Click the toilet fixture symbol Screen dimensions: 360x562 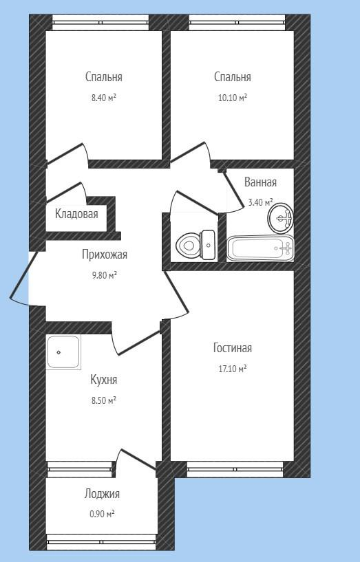pos(196,245)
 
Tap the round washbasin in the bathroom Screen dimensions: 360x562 pos(281,217)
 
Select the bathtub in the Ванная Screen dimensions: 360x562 pos(261,248)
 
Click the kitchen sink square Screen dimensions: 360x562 pos(63,352)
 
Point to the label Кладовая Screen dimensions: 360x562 pos(76,214)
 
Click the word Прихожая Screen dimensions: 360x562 pos(105,255)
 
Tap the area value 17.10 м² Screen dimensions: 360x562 pos(233,369)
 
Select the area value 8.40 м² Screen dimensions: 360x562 pos(104,98)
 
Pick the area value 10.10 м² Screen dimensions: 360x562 pos(233,98)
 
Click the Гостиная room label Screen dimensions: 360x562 pos(233,348)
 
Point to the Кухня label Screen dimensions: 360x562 pos(104,380)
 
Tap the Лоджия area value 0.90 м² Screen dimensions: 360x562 pos(102,515)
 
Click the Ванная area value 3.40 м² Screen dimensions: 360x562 pos(261,202)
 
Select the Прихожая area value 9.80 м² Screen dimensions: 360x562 pos(105,275)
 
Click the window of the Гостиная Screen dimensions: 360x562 pos(235,469)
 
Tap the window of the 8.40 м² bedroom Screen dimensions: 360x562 pos(100,22)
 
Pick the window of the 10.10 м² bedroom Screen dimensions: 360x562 pos(237,22)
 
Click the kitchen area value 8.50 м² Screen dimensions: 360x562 pos(104,400)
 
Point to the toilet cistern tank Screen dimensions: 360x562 pos(209,245)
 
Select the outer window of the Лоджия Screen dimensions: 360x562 pos(101,542)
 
